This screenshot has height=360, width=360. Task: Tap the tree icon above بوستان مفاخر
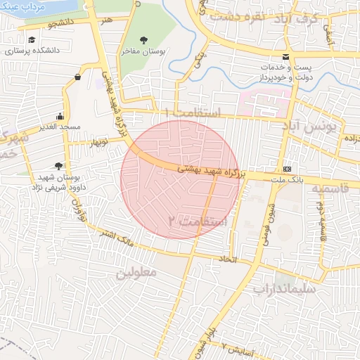click(x=144, y=39)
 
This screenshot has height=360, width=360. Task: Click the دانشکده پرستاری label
click(x=32, y=52)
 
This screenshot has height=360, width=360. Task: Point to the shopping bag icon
click(x=77, y=77)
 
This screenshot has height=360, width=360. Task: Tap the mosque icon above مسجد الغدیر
click(x=60, y=116)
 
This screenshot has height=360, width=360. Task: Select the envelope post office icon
click(x=285, y=56)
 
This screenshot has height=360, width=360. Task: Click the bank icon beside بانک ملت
click(x=287, y=169)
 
